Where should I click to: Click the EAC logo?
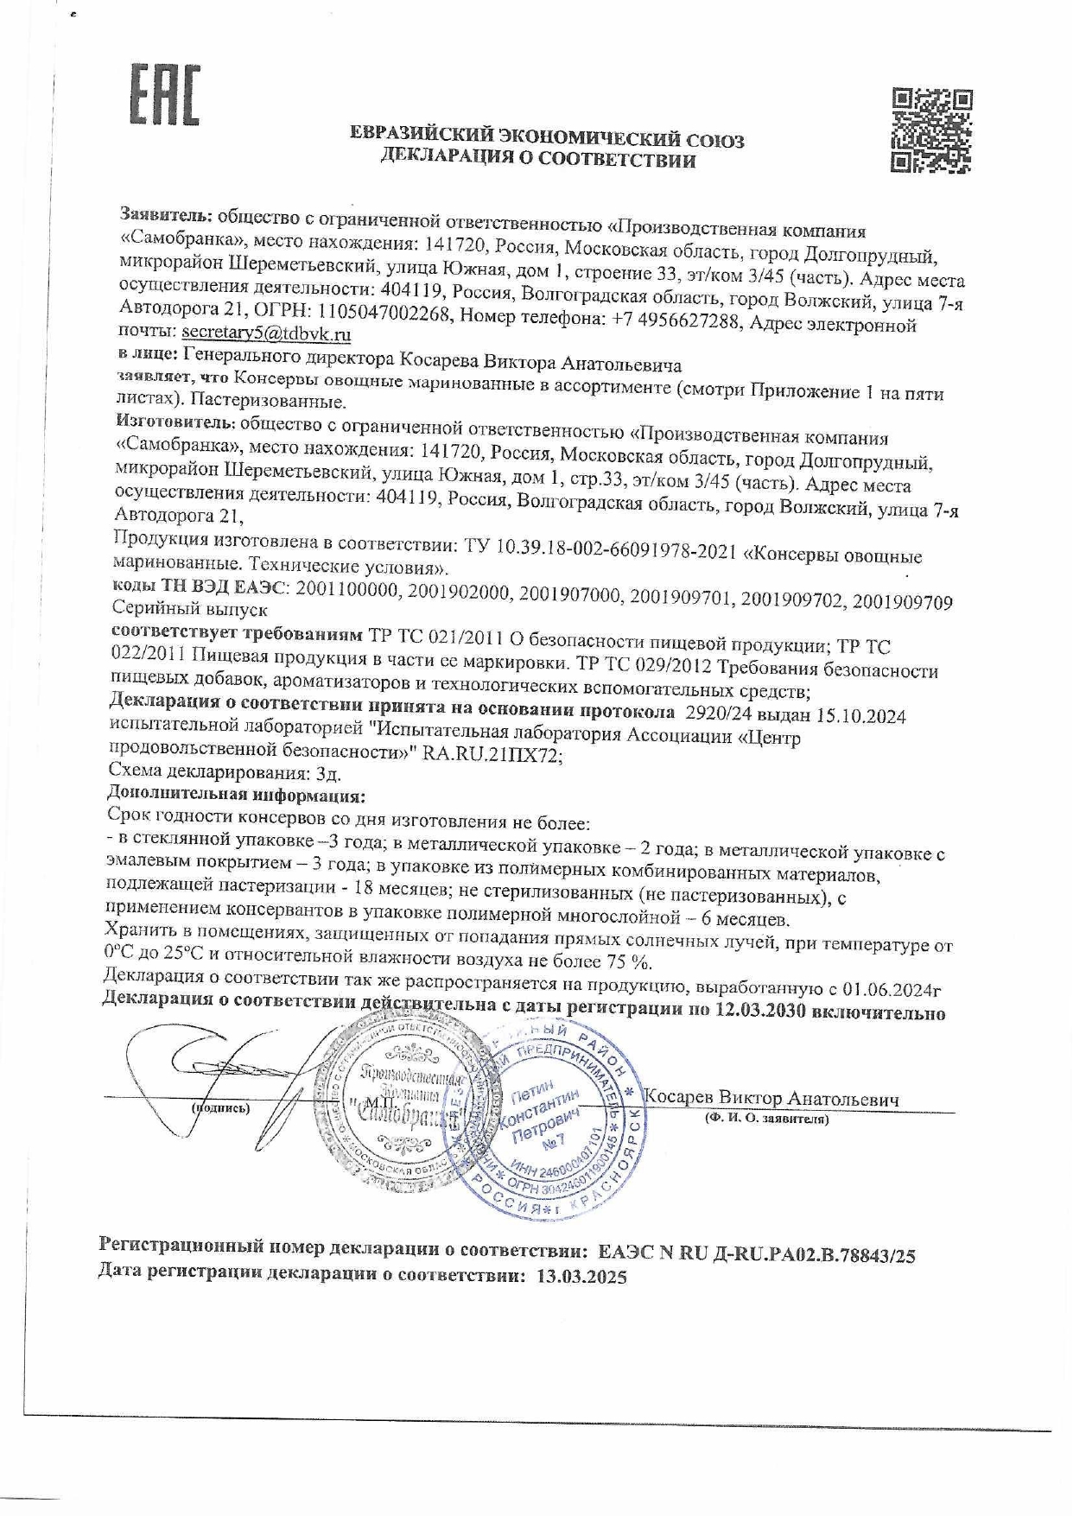[165, 92]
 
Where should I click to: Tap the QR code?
[931, 130]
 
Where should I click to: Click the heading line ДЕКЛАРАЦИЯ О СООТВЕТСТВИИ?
[538, 160]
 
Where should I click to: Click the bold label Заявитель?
[167, 213]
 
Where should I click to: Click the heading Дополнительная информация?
[236, 794]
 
